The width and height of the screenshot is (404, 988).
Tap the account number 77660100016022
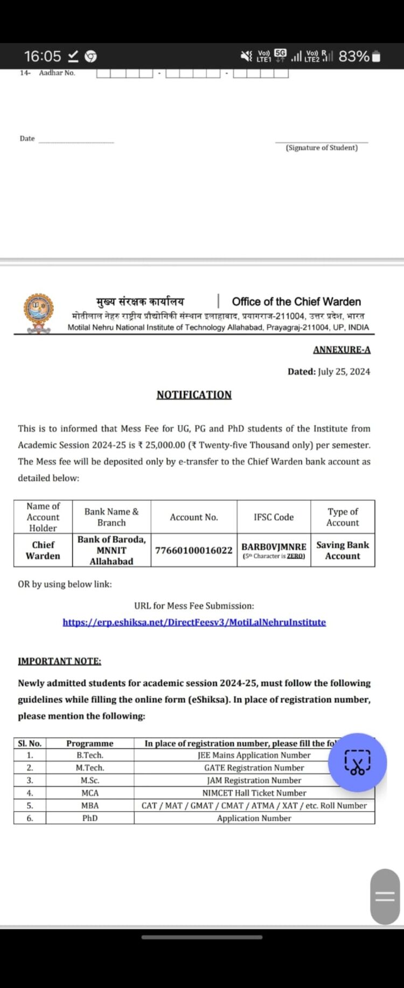194,550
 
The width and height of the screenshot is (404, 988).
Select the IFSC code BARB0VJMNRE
274,547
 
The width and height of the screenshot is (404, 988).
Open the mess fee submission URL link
194,622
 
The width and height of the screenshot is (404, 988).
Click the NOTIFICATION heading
194,395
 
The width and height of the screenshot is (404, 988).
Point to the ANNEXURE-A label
342,349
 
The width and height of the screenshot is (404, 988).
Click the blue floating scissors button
357,762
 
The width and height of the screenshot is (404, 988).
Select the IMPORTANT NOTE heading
59,661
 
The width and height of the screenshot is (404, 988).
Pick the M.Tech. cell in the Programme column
90,768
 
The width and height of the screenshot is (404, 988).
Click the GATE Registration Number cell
254,768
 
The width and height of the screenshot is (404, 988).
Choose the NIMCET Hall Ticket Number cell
254,793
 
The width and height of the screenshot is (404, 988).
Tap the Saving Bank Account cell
343,550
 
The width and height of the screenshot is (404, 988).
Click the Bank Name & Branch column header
112,517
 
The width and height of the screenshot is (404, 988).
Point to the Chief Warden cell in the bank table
43,550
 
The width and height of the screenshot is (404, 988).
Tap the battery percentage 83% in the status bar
354,56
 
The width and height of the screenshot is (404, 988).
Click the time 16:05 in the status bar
43,56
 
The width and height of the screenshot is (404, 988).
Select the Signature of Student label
322,148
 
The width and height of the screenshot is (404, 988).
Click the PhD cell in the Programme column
90,818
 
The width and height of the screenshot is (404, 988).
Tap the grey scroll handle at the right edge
385,896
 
